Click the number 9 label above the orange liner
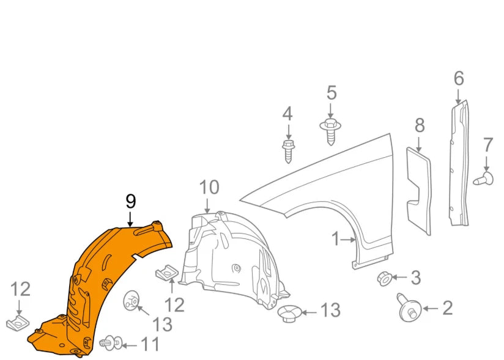click(x=130, y=201)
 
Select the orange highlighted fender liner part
click(x=92, y=287)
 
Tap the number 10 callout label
click(x=209, y=187)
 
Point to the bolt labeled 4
click(x=288, y=150)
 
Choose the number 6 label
click(x=459, y=79)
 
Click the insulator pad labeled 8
click(x=420, y=189)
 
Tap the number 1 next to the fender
click(x=335, y=239)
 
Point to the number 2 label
click(x=447, y=308)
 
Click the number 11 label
click(x=150, y=345)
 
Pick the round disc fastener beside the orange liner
click(x=131, y=300)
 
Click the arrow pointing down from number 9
click(x=130, y=219)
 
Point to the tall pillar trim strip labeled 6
click(x=460, y=165)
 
